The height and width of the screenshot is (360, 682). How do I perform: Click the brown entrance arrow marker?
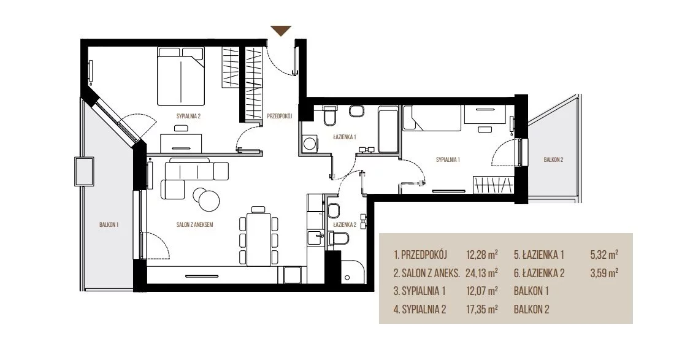pyautogui.click(x=280, y=31)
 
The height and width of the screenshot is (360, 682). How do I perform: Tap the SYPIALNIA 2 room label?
pyautogui.click(x=188, y=116)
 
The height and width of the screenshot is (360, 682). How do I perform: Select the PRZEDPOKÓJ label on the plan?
pyautogui.click(x=279, y=116)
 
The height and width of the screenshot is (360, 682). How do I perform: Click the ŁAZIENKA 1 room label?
pyautogui.click(x=345, y=137)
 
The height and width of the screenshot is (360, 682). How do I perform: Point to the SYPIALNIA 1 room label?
pyautogui.click(x=448, y=159)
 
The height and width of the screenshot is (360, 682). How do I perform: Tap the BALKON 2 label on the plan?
pyautogui.click(x=553, y=159)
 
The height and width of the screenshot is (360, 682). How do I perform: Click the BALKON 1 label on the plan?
pyautogui.click(x=109, y=225)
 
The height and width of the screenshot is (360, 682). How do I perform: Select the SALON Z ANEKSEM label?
pyautogui.click(x=194, y=225)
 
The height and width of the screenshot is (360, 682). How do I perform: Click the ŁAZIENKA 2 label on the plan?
pyautogui.click(x=345, y=225)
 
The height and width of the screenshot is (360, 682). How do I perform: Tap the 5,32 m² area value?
pyautogui.click(x=605, y=255)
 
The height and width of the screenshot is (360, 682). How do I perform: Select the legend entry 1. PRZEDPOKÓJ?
pyautogui.click(x=420, y=255)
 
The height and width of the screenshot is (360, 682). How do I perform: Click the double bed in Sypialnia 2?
pyautogui.click(x=180, y=76)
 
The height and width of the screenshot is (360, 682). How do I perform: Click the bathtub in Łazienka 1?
pyautogui.click(x=388, y=129)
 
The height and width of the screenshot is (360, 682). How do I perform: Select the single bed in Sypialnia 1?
pyautogui.click(x=432, y=117)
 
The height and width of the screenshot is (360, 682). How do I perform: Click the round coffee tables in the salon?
pyautogui.click(x=206, y=198)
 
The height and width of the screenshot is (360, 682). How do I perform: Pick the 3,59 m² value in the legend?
pyautogui.click(x=605, y=273)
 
